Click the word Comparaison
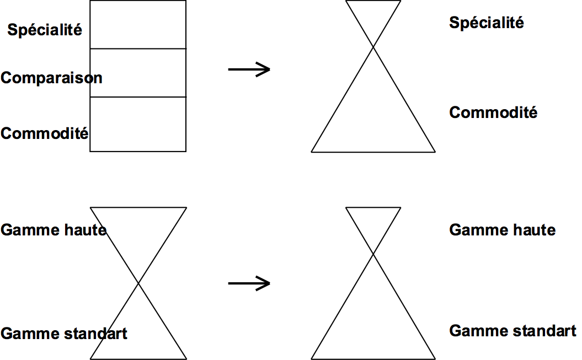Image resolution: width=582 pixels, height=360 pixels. [51, 78]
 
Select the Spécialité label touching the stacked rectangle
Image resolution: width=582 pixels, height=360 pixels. [45, 29]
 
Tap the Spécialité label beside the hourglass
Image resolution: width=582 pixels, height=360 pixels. [486, 23]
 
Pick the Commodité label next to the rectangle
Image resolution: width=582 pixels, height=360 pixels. [45, 133]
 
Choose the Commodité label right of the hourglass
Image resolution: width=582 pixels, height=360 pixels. [493, 112]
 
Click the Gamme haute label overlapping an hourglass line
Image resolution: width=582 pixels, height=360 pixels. [54, 230]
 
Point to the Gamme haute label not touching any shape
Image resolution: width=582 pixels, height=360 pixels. [502, 230]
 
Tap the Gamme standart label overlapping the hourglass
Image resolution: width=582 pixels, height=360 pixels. [64, 334]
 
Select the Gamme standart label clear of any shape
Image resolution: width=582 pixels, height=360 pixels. [512, 331]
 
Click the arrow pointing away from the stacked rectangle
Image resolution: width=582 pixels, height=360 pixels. [249, 69]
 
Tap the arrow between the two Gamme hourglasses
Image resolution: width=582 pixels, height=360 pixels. [249, 283]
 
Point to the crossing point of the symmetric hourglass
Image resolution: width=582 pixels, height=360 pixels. [138, 283]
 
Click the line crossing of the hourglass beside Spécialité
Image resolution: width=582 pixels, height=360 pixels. [373, 47]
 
